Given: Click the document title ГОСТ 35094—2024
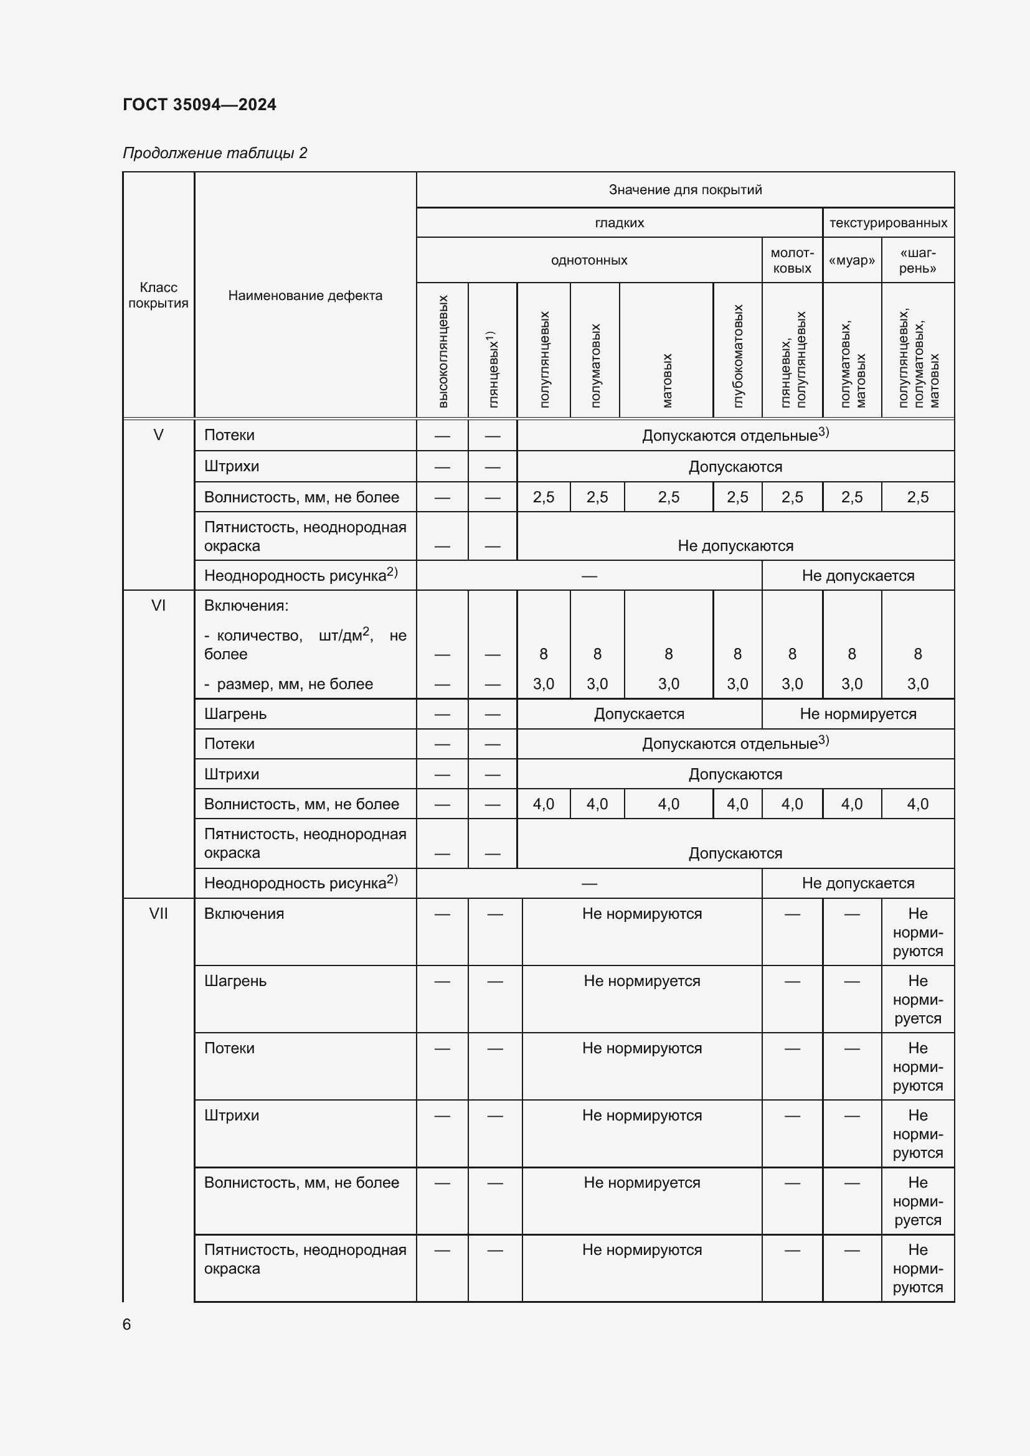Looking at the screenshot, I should [x=199, y=105].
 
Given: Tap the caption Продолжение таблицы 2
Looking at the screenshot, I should [x=214, y=153].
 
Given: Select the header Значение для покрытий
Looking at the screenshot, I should [x=685, y=190].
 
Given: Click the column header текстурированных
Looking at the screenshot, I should [x=888, y=223].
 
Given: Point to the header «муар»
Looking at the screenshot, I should [x=851, y=261].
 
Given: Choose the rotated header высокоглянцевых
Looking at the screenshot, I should [x=443, y=350].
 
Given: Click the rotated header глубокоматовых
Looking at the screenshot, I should [x=737, y=356].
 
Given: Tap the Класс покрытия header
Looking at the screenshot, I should [x=159, y=295].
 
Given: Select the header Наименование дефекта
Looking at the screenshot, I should [x=305, y=296].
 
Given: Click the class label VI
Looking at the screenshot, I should [x=159, y=606].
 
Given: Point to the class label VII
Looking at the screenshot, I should [x=159, y=913].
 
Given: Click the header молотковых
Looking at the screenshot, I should [x=791, y=261].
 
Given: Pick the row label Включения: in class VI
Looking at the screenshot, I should [x=246, y=606].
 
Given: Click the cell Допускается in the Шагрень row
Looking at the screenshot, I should [x=639, y=714].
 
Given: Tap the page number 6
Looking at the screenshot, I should [x=127, y=1324].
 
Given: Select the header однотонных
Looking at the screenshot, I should [x=588, y=260].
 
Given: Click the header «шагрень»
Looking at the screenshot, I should [x=917, y=261].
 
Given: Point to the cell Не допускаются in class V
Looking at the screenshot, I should [x=735, y=545].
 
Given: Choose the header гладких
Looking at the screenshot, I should [x=619, y=223].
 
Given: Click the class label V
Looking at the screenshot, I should [x=159, y=435].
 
